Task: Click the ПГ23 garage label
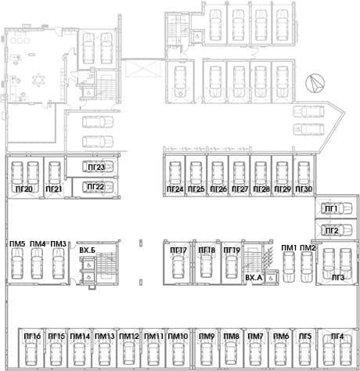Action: point(96,167)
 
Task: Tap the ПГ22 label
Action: point(95,187)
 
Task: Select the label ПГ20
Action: point(24,189)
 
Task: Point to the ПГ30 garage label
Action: point(304,189)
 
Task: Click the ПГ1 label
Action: point(331,209)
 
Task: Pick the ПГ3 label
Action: point(338,278)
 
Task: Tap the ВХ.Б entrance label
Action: point(87,250)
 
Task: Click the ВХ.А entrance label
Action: point(254,278)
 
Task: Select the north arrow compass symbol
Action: point(315,83)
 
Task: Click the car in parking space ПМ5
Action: point(17,264)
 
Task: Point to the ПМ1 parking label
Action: point(289,248)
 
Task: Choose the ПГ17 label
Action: point(178,250)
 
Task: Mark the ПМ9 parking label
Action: point(207,337)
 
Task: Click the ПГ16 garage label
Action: point(32,337)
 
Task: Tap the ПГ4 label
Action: point(337,337)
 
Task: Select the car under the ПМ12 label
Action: point(129,354)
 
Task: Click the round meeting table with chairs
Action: point(38,80)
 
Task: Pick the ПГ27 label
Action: point(239,189)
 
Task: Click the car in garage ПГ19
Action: point(231,266)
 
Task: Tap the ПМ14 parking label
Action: point(80,337)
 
